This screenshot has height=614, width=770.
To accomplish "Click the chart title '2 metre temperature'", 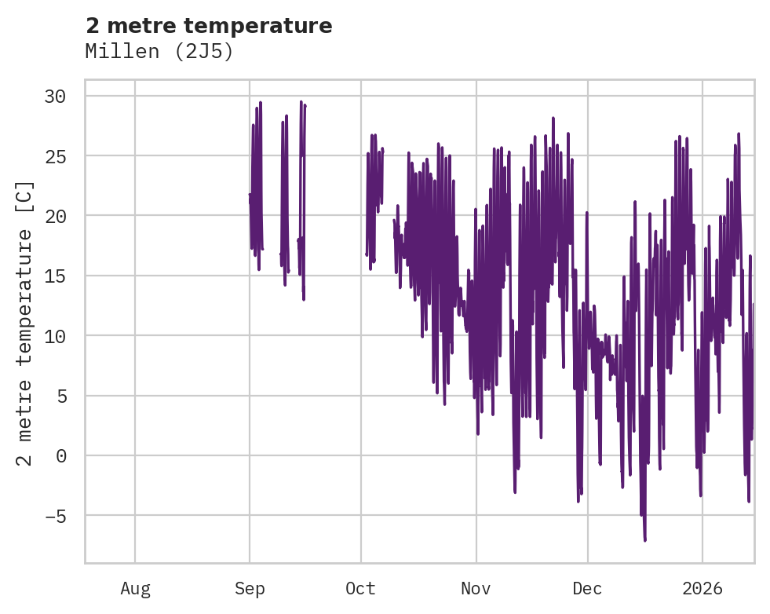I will click(209, 26).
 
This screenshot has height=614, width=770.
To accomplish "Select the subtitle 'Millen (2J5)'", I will click(159, 52).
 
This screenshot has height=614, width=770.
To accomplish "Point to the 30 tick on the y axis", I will click(55, 96).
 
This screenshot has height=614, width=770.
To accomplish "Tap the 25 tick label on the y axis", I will click(55, 155).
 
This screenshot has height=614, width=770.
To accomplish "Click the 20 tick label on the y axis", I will click(55, 216).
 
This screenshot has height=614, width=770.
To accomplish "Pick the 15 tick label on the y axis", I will click(55, 276).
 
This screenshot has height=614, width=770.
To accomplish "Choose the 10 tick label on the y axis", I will click(55, 335).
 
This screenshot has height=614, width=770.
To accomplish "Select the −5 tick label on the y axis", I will click(55, 515).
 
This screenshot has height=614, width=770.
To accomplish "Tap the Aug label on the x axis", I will click(135, 588).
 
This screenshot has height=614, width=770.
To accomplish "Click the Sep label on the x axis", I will click(250, 588).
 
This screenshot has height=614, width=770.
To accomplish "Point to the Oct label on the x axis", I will click(361, 588).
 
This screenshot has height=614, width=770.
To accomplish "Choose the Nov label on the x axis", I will click(476, 588).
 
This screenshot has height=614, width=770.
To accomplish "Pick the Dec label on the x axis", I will click(587, 588).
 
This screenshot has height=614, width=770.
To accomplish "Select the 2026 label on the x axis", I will click(702, 588).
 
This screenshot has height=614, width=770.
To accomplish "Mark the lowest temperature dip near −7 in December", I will click(645, 539).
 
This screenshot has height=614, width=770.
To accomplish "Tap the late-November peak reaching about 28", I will click(553, 119).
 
